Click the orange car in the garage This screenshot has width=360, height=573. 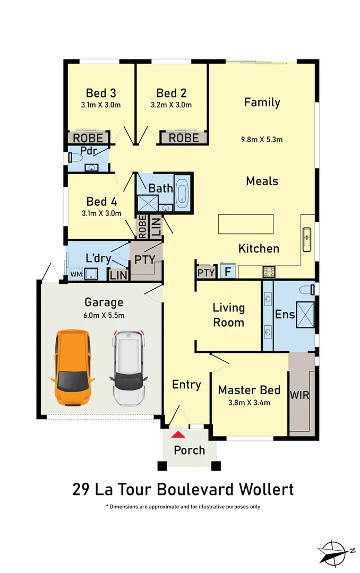click(x=73, y=368)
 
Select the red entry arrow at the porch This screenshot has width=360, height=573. click(x=179, y=435)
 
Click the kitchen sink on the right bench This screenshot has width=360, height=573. click(x=307, y=239)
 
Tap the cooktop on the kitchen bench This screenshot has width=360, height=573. click(x=269, y=272)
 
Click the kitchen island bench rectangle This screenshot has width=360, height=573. click(x=246, y=223)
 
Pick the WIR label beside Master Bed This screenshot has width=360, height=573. click(x=299, y=395)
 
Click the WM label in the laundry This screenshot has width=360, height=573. click(x=75, y=274)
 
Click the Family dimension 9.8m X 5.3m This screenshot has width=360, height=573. click(x=262, y=140)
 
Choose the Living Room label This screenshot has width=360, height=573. click(x=229, y=315)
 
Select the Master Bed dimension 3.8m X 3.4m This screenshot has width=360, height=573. click(x=249, y=402)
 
